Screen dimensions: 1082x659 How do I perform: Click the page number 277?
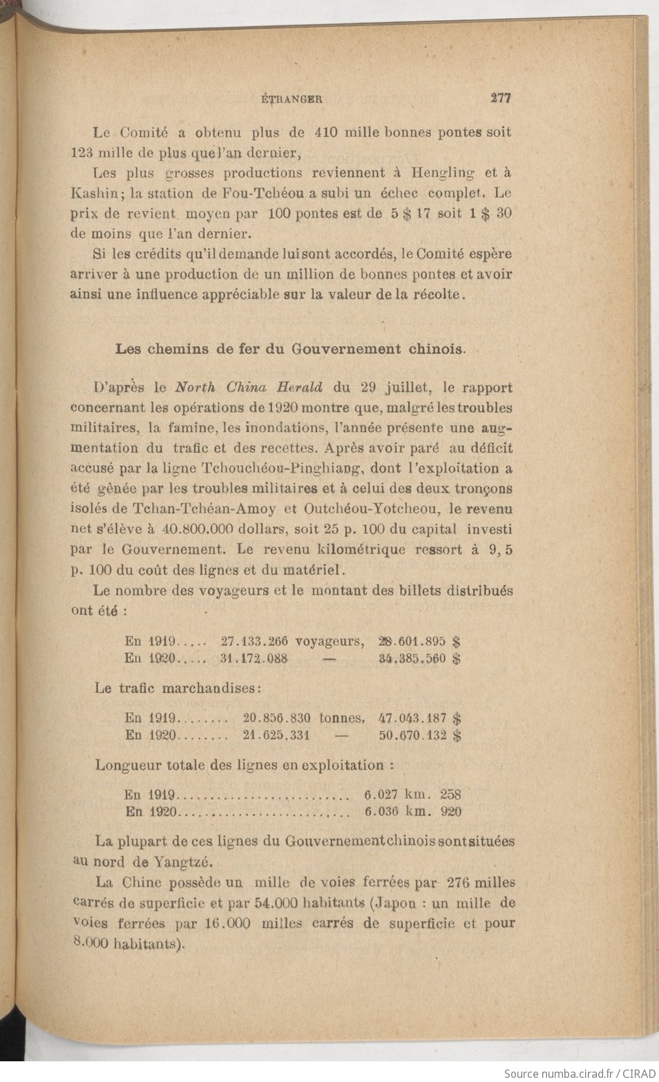[500, 98]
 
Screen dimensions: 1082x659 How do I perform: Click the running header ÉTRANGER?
[293, 99]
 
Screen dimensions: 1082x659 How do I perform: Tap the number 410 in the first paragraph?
[326, 132]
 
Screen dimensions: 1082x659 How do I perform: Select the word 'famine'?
[191, 428]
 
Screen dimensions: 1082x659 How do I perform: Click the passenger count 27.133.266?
[254, 642]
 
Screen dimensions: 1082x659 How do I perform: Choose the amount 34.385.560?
[412, 659]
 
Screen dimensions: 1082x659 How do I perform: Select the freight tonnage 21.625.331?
[276, 735]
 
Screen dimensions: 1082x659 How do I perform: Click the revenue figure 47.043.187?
[412, 719]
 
